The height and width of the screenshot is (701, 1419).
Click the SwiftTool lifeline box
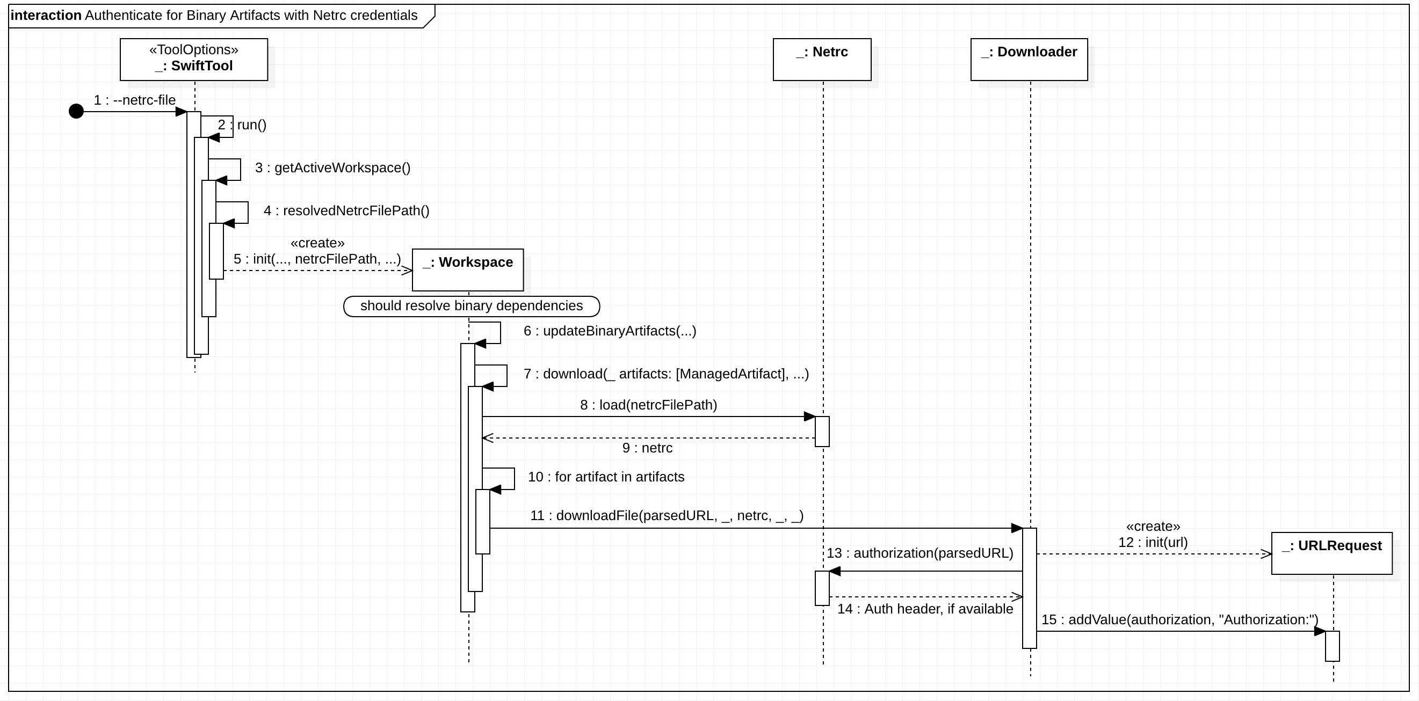click(x=194, y=60)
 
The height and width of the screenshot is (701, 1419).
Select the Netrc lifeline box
click(x=822, y=60)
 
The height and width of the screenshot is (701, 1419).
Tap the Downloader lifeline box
click(x=1029, y=60)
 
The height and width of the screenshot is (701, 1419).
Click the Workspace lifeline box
click(x=468, y=270)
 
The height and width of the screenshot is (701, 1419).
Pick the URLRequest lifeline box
click(x=1331, y=553)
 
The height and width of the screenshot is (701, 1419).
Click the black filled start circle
click(x=76, y=112)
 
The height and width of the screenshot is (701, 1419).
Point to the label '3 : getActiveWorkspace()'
click(x=332, y=168)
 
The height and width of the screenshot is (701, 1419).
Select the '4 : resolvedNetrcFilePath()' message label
click(x=346, y=211)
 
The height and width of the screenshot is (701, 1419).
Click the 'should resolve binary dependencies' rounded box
click(x=472, y=306)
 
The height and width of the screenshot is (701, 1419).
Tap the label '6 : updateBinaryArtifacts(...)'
click(x=610, y=331)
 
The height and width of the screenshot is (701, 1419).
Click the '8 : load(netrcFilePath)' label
click(x=648, y=405)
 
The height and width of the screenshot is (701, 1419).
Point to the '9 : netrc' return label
click(x=647, y=448)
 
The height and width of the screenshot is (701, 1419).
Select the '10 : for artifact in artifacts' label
click(x=606, y=477)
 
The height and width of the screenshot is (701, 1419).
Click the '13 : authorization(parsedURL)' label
click(x=920, y=553)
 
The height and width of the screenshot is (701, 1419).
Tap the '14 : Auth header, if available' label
click(x=925, y=609)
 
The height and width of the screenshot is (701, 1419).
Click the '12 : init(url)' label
click(x=1153, y=543)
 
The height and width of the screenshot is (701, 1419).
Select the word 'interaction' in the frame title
click(x=46, y=16)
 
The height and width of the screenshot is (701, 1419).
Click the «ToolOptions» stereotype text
click(x=194, y=50)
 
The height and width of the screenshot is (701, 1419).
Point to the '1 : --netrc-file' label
click(x=134, y=100)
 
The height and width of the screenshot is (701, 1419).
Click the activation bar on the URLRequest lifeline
click(x=1332, y=646)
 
